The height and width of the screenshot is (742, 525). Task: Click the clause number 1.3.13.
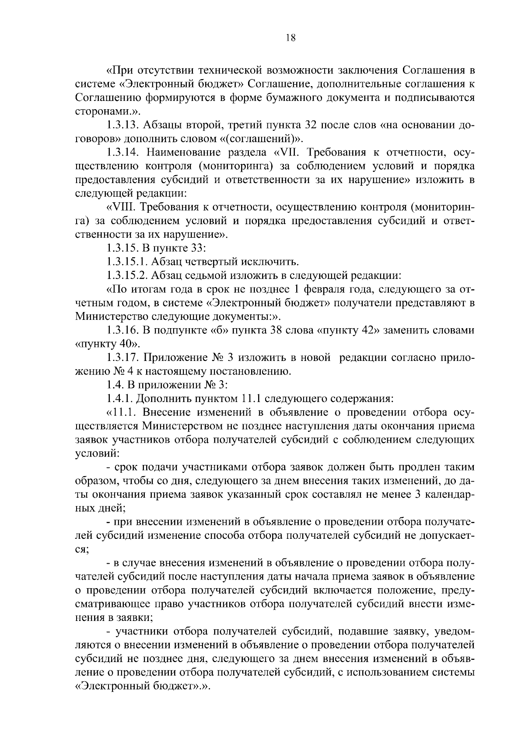click(122, 126)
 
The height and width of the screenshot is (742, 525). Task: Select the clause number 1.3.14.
click(122, 153)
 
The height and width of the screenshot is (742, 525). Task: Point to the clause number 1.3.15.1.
click(126, 262)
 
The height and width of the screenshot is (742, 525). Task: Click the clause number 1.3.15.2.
click(126, 275)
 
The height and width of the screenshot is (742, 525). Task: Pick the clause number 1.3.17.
click(122, 357)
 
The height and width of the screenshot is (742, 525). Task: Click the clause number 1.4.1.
click(119, 399)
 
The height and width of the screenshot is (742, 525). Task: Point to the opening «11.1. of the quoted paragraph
click(122, 412)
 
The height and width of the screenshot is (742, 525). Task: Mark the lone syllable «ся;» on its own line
click(82, 549)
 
